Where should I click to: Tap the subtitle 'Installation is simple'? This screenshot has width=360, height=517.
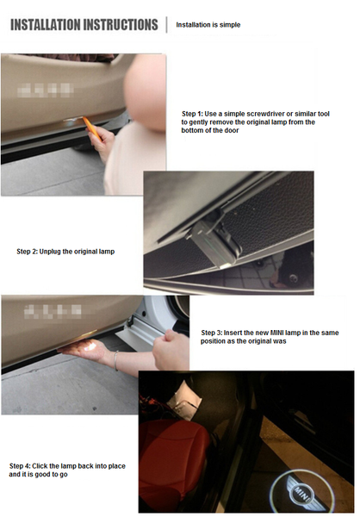208,25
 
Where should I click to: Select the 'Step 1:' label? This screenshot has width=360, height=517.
192,114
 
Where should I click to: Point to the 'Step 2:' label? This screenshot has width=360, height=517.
27,252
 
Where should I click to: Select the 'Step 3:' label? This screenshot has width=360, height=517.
212,333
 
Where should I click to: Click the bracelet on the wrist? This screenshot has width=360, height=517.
115,360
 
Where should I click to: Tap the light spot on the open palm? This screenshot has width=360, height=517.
90,346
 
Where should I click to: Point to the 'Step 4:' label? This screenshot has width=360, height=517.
20,466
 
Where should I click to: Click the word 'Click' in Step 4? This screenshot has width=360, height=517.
40,466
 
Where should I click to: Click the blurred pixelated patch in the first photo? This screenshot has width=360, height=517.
46,90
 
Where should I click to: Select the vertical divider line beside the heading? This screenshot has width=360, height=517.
167,25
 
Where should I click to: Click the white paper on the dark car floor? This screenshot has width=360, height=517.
184,400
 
